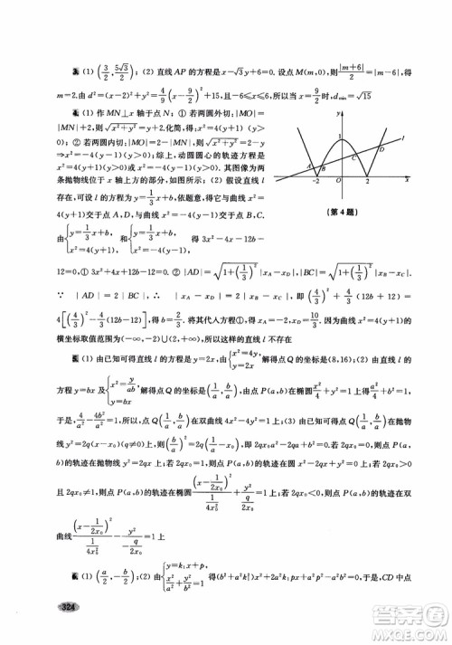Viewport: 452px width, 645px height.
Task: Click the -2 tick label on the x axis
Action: (x=316, y=182)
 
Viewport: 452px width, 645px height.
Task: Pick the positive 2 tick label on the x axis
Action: (x=366, y=182)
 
